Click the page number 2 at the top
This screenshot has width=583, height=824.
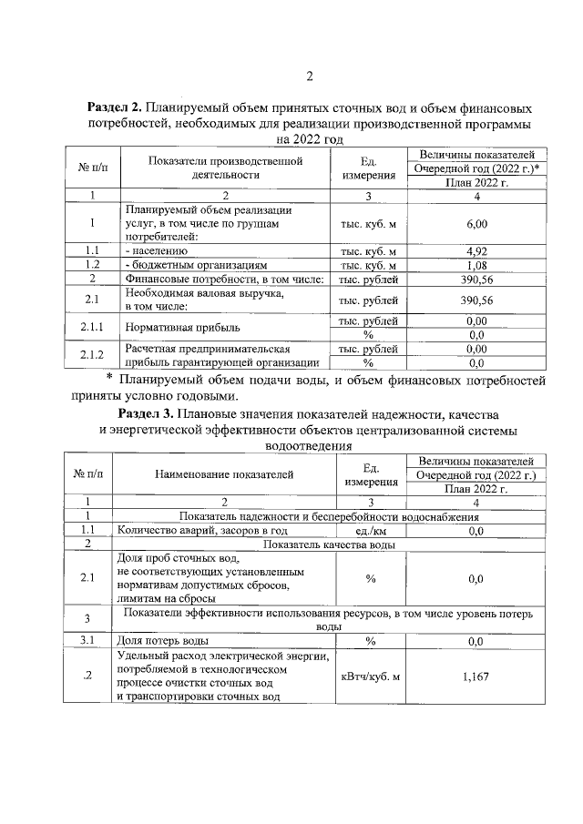[x=309, y=76]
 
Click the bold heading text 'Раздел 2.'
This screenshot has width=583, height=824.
[x=116, y=106]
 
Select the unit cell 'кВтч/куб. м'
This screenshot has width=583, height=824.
[x=370, y=676]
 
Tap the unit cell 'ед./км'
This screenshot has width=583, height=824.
[x=370, y=530]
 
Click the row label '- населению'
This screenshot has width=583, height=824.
[x=156, y=250]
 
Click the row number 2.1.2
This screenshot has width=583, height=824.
[x=92, y=355]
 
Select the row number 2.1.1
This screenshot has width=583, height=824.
[x=92, y=326]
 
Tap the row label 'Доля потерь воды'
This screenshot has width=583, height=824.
[x=168, y=641]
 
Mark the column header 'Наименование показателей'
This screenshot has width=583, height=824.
[x=224, y=473]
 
